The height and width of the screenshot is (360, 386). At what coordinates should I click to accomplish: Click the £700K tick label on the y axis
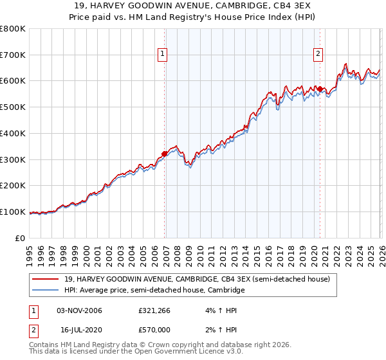[13, 55]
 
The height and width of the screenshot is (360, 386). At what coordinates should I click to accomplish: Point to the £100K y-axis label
[13, 212]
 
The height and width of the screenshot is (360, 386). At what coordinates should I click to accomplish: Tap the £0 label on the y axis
[21, 239]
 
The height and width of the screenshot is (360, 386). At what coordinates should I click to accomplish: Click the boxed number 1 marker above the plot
[163, 55]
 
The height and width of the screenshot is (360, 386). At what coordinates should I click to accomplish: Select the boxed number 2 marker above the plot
[318, 55]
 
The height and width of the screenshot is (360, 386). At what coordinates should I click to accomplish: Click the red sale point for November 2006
[164, 154]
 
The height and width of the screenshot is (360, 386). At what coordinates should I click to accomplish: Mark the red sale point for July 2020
[320, 89]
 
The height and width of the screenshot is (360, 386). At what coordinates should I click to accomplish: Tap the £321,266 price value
[155, 310]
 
